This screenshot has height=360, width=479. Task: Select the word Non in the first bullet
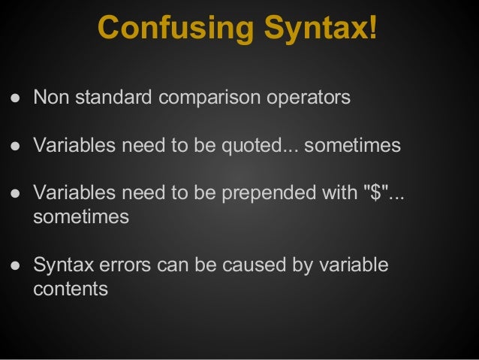tap(49, 98)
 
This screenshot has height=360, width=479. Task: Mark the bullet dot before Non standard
tap(14, 98)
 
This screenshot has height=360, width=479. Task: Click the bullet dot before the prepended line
tap(14, 193)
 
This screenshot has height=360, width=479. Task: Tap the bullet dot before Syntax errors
tap(14, 265)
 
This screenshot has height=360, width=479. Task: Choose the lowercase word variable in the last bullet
tap(351, 265)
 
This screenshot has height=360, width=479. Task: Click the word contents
tap(71, 289)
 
